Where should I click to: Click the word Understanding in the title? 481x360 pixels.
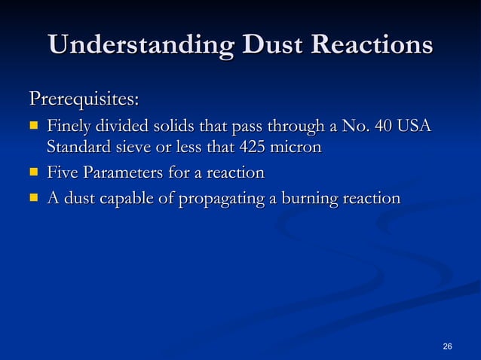(130, 45)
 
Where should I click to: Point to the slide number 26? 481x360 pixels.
(448, 346)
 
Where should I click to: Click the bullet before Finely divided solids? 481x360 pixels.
(33, 124)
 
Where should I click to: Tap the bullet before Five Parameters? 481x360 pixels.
(33, 174)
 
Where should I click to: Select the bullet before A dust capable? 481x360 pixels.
(33, 199)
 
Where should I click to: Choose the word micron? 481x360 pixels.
(297, 148)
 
